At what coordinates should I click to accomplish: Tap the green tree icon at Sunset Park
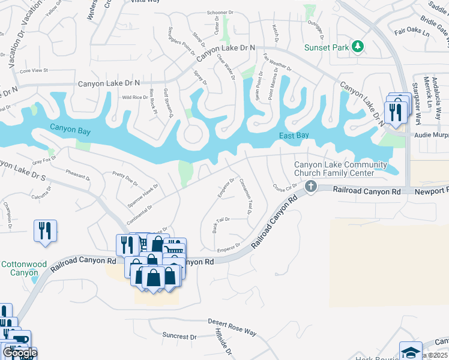[x=358, y=46]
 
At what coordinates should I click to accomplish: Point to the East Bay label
[x=294, y=136]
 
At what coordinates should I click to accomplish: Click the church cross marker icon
[x=311, y=186]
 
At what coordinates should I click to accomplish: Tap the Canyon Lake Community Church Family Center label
[x=340, y=169]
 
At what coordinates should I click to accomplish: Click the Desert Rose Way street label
[x=232, y=327]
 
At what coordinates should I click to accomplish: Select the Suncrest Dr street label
[x=178, y=337]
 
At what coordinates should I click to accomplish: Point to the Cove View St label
[x=34, y=71]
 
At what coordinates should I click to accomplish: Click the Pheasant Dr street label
[x=77, y=174]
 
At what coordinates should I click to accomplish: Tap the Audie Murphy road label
[x=430, y=134]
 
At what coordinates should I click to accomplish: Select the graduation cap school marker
[x=411, y=351]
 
